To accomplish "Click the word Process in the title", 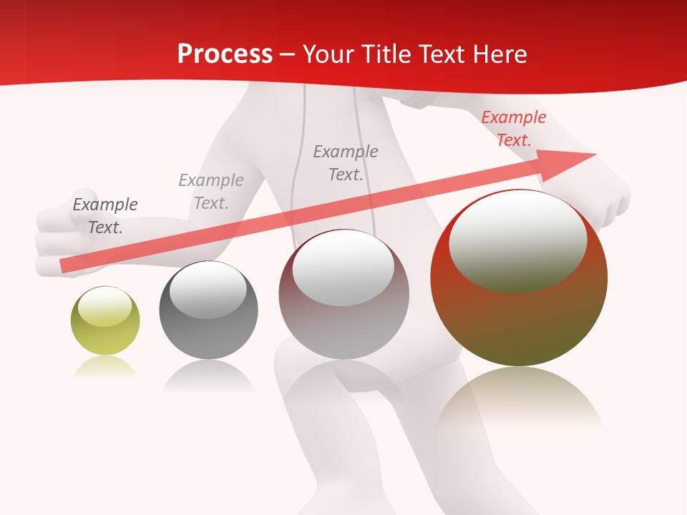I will (225, 54).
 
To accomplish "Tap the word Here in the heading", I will (500, 54).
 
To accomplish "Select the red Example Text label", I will (513, 129).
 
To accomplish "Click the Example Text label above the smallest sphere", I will (105, 216).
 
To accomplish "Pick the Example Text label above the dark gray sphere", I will (211, 191).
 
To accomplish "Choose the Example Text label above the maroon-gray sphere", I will (346, 162).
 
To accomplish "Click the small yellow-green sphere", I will (105, 330).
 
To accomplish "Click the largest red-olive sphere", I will (519, 315).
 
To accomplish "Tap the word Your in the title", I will (329, 54).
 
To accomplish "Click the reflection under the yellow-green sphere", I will (105, 366).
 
